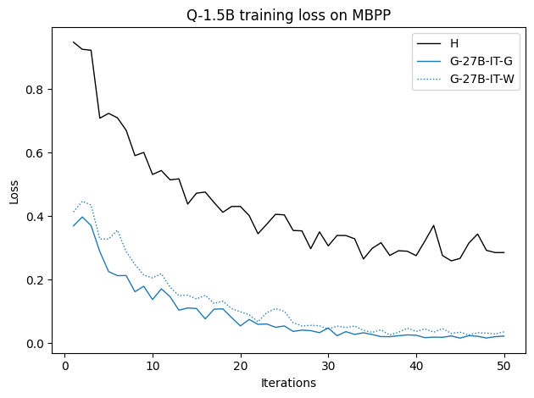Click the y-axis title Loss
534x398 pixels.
point(14,191)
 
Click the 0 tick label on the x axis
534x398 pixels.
point(64,366)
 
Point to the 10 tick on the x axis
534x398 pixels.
point(153,366)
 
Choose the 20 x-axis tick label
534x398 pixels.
point(241,366)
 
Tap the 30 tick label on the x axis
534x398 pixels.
point(329,366)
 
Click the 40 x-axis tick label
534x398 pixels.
point(416,366)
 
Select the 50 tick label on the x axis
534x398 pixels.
point(504,366)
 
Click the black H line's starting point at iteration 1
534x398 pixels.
point(74,42)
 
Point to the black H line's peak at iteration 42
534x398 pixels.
point(434,225)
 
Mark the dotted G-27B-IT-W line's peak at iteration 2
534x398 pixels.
point(82,202)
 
